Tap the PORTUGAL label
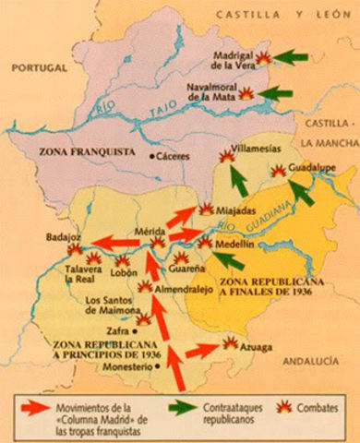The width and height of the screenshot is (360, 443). (x=38, y=67)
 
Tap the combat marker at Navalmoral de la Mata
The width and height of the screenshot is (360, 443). (x=247, y=93)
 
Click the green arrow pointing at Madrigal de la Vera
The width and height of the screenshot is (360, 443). (x=294, y=57)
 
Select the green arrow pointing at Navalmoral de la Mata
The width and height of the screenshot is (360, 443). (x=278, y=93)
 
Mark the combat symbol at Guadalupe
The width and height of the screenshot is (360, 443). (x=278, y=172)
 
